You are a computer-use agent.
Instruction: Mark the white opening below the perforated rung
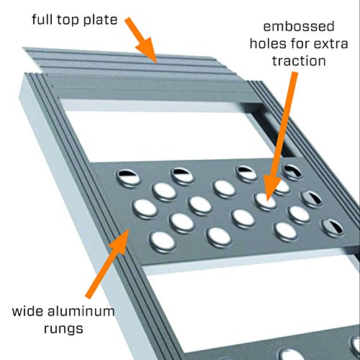coord(216,295)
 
